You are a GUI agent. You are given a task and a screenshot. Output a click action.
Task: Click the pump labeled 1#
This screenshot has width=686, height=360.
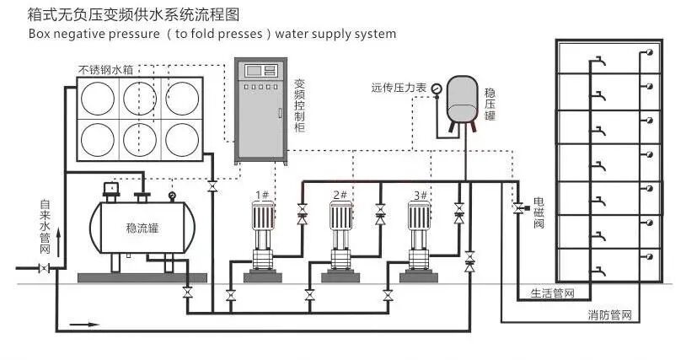point(263,241)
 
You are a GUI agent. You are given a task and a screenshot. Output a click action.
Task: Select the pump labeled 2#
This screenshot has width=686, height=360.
point(340,241)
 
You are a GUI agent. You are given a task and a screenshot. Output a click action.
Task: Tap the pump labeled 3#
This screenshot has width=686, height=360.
point(419,241)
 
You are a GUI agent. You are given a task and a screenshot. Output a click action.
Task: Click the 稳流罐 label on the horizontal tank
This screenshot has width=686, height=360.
point(142,228)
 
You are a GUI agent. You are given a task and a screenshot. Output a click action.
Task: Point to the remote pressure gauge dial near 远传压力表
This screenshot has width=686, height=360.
point(437,89)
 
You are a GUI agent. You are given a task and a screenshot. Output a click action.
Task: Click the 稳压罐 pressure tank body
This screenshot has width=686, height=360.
point(463,99)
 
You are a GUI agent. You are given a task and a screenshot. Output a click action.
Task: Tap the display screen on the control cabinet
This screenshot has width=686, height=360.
point(260,71)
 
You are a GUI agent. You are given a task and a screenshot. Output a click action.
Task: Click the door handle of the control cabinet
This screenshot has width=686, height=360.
point(280,112)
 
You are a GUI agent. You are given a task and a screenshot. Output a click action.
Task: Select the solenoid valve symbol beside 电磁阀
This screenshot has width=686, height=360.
point(519,208)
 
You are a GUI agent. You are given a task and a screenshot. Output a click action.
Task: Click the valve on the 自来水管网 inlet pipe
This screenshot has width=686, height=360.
point(44,268)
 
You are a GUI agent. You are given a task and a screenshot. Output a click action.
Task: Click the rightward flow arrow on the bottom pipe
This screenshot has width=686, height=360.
point(85,325)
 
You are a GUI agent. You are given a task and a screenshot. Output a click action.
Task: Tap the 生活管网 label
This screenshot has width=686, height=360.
point(552,293)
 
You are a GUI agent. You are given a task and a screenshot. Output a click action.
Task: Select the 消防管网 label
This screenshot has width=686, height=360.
point(609,315)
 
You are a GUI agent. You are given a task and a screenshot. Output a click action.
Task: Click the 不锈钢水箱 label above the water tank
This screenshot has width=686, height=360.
point(105,70)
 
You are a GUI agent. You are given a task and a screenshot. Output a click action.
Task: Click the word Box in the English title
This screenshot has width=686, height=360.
point(39,34)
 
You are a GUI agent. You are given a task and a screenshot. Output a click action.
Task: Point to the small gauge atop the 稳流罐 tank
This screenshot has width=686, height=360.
point(172,196)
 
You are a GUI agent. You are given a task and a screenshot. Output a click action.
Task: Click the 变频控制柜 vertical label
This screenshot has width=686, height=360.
point(299,105)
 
